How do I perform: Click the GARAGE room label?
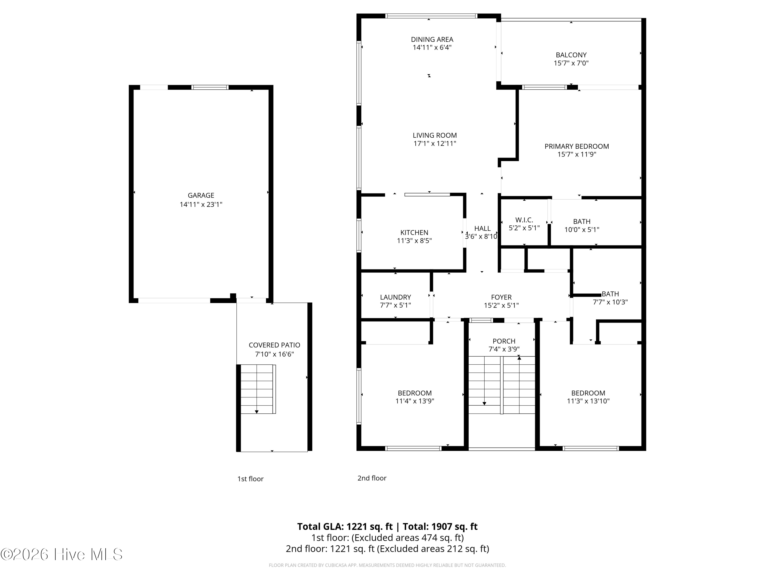[201, 195]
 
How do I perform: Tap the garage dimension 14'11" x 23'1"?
[201, 205]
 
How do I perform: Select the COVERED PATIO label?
[274, 345]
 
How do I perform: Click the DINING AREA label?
[432, 40]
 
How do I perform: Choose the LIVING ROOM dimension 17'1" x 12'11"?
[435, 143]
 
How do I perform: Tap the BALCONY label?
[571, 55]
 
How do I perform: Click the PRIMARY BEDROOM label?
[577, 146]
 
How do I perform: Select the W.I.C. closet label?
[524, 220]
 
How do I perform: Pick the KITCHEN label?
[414, 233]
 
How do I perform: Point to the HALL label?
[483, 228]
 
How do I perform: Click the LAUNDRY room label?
[396, 297]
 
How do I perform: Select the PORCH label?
[504, 341]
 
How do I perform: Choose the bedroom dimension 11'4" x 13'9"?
[415, 401]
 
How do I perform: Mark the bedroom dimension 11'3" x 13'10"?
[588, 401]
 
